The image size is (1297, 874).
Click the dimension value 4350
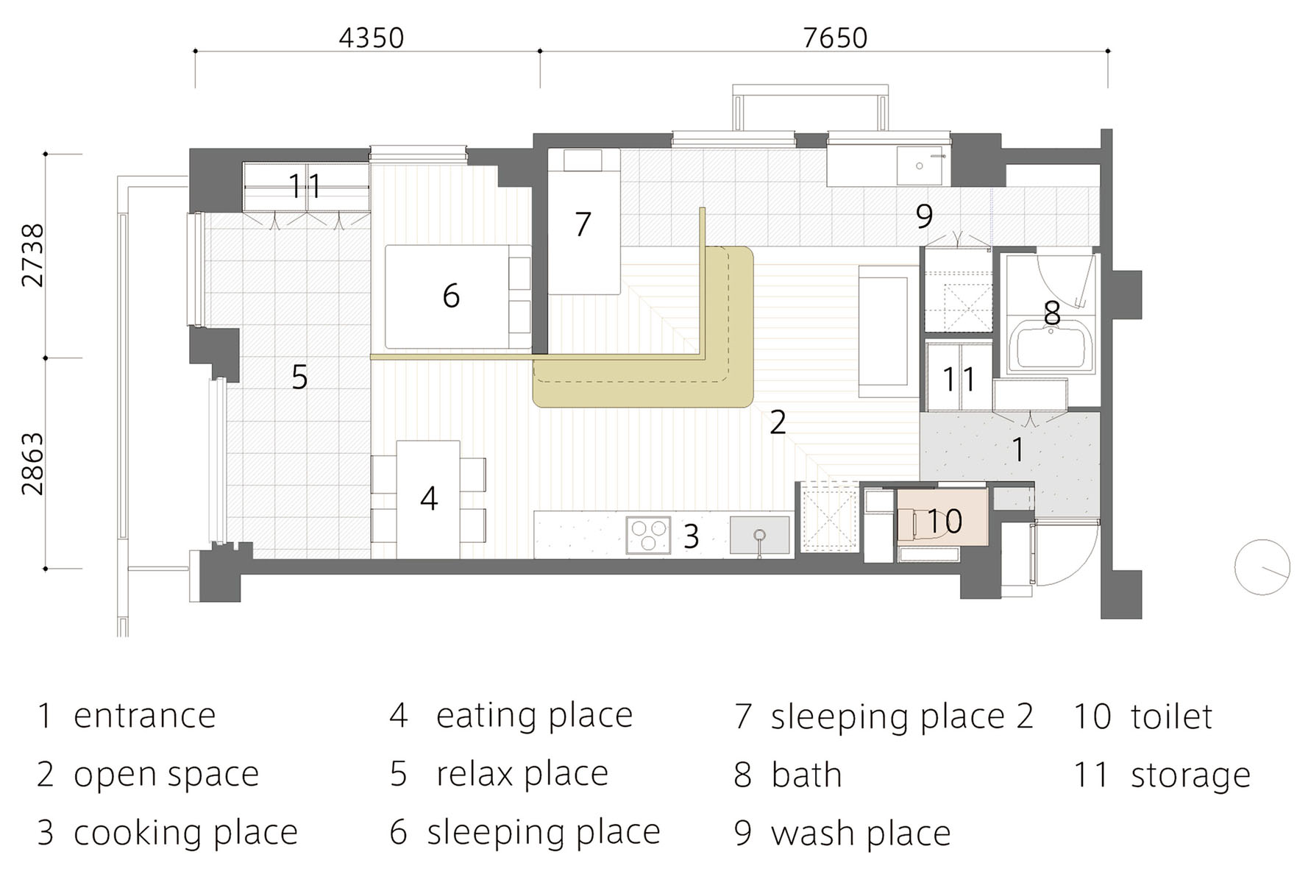pyautogui.click(x=371, y=38)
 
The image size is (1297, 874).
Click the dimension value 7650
pyautogui.click(x=835, y=38)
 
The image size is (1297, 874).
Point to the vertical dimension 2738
pyautogui.click(x=34, y=255)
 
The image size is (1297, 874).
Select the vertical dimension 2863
pyautogui.click(x=34, y=463)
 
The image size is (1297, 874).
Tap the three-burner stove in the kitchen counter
pyautogui.click(x=648, y=535)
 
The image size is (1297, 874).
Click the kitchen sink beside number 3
pyautogui.click(x=759, y=535)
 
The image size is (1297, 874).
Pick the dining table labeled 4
pyautogui.click(x=428, y=500)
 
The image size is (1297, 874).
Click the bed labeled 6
pyautogui.click(x=458, y=296)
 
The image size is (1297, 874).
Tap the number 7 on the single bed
pyautogui.click(x=583, y=224)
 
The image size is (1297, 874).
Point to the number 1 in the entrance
pyautogui.click(x=1018, y=450)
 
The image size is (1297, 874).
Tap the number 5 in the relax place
pyautogui.click(x=299, y=377)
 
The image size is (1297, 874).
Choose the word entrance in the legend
pyautogui.click(x=145, y=716)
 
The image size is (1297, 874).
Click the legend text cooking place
pyautogui.click(x=186, y=834)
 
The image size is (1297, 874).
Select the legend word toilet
pyautogui.click(x=1171, y=716)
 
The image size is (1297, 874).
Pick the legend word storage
pyautogui.click(x=1190, y=775)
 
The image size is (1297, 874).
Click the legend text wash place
pyautogui.click(x=861, y=834)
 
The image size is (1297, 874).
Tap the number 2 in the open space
pyautogui.click(x=778, y=422)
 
